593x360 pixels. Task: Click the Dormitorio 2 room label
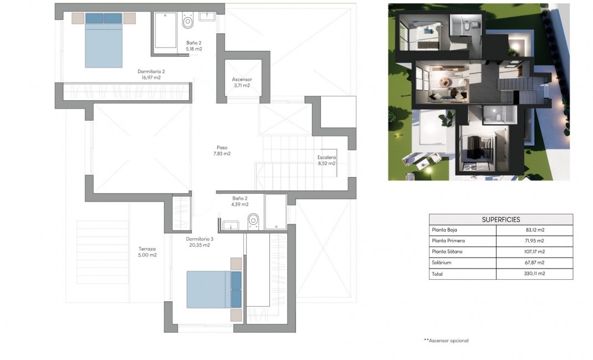151,71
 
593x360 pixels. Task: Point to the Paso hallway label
222,148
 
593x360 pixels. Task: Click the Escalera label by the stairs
326,157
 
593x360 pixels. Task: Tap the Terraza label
147,249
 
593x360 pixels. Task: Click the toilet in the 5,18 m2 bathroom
187,23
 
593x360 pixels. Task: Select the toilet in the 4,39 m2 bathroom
253,220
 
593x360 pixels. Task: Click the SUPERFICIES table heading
500,219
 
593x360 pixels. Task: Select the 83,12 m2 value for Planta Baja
533,230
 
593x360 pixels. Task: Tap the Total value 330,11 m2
533,274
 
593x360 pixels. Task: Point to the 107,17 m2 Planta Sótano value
533,251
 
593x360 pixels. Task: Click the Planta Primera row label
448,241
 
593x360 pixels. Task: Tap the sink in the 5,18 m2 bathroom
206,16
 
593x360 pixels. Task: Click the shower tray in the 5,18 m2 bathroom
165,30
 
